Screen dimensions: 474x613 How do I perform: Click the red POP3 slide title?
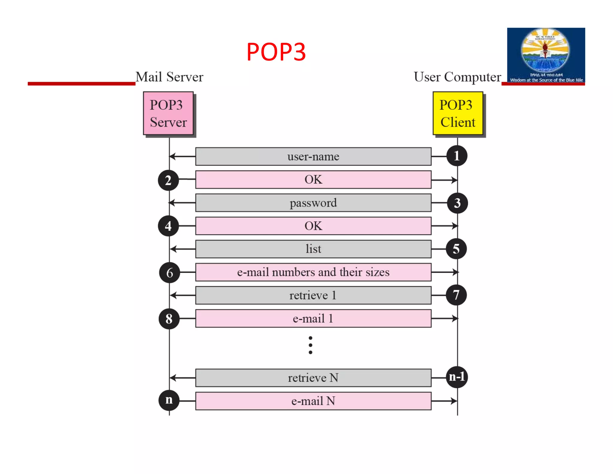[x=276, y=52]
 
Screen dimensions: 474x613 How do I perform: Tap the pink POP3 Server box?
[x=168, y=113]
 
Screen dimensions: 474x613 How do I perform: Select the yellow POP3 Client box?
[x=458, y=113]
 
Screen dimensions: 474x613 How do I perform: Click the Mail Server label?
[x=169, y=77]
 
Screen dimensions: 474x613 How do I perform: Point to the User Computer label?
[x=457, y=77]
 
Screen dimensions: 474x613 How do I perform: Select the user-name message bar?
[x=313, y=156]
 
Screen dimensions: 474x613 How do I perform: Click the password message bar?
[x=313, y=203]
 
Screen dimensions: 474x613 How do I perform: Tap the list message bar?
[x=313, y=249]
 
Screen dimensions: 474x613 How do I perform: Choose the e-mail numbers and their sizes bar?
[x=313, y=272]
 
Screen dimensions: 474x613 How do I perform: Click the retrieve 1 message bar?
[x=313, y=295]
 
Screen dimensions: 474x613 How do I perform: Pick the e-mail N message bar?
[x=313, y=401]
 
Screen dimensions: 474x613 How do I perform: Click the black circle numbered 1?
[x=457, y=156]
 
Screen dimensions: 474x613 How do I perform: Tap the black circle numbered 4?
[x=168, y=226]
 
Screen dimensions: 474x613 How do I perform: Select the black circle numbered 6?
[x=169, y=273]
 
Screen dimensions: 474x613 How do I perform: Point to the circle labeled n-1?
[x=457, y=377]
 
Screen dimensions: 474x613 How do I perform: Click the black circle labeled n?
[x=169, y=400]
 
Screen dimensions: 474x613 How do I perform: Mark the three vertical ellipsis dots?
[x=310, y=345]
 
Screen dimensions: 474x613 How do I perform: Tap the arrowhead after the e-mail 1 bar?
[x=455, y=318]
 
